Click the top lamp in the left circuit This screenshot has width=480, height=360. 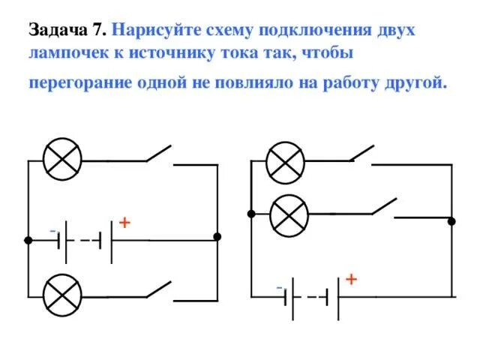point(63,160)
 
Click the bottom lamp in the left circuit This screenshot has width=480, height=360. point(62,295)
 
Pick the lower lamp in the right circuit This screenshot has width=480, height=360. point(289,214)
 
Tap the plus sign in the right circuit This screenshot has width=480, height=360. point(351,278)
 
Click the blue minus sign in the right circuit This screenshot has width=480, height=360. point(278,286)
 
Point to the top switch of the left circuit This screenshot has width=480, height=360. point(158,155)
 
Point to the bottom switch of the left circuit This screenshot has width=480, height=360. point(158,290)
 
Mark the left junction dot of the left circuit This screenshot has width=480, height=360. point(28,241)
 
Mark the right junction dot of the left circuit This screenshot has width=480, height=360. point(216,237)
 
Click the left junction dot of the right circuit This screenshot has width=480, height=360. point(252,214)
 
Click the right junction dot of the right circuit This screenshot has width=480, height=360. point(451,221)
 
